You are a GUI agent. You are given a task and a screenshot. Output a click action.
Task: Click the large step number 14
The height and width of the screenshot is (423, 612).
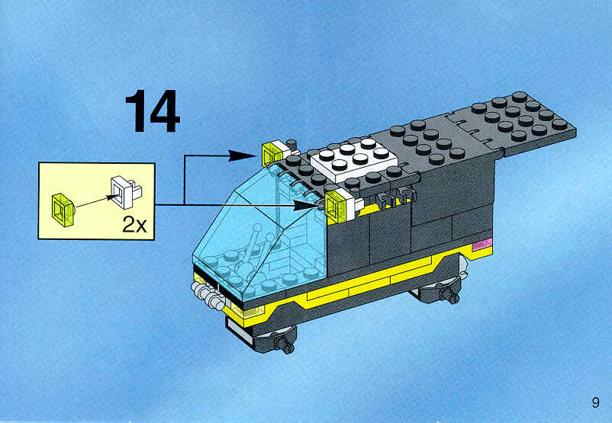tap(153, 111)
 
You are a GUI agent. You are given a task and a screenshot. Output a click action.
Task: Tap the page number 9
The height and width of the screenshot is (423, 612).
tap(595, 402)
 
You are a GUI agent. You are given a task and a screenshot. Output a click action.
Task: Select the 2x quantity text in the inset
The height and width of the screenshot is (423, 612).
tap(134, 225)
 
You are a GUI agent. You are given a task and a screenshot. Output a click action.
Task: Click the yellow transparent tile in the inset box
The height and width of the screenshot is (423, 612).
tap(63, 210)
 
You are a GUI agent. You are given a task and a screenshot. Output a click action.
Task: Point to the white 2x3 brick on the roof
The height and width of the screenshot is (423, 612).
tap(354, 159)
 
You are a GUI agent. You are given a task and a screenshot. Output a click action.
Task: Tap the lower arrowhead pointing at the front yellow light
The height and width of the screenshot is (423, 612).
tap(308, 205)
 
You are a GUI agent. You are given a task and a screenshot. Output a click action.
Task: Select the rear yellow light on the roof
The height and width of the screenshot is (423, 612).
tap(273, 153)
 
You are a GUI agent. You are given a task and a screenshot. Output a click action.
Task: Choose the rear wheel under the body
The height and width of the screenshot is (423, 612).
tap(439, 291)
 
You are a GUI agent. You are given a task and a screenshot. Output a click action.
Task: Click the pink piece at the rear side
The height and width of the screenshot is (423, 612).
tap(482, 245)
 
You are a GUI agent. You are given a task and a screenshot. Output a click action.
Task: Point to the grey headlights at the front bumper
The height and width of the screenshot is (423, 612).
tap(205, 293)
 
